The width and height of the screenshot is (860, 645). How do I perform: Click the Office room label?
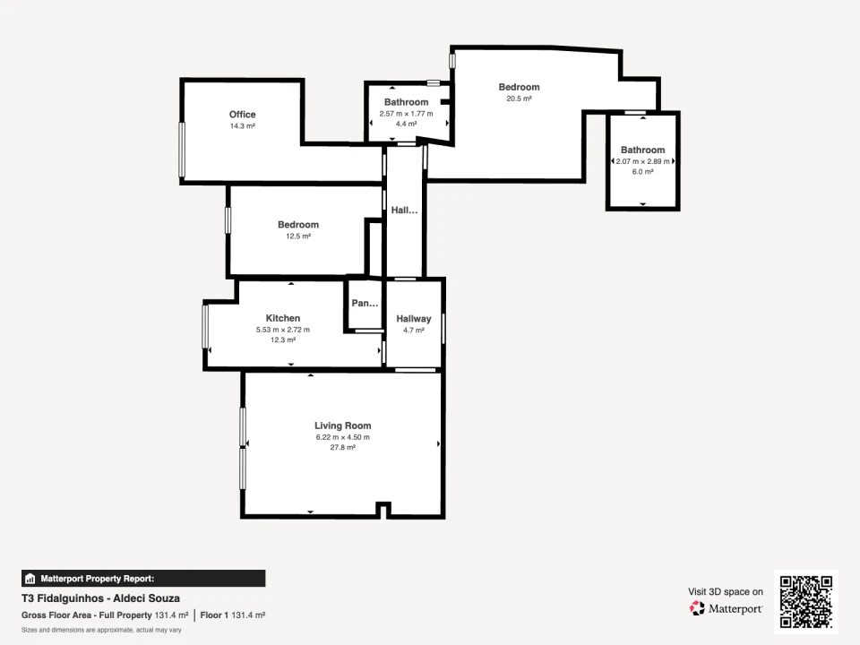point(242,115)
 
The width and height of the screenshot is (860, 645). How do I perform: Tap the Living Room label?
point(342,426)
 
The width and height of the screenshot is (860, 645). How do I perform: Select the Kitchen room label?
point(282,318)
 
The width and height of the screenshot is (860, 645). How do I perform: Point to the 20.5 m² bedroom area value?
point(519,99)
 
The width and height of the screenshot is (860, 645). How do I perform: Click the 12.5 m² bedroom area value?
point(297,236)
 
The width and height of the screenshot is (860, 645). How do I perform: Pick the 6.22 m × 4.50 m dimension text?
point(342,437)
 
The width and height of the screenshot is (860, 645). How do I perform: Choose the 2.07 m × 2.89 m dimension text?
point(642,161)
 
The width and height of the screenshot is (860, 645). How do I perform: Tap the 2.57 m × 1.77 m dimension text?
point(406,114)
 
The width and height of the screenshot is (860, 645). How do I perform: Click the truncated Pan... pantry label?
point(365,304)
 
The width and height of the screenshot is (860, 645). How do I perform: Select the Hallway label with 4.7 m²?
point(413,319)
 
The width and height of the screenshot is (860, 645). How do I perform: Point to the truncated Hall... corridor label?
point(404,211)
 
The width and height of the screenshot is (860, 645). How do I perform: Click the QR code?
point(805,601)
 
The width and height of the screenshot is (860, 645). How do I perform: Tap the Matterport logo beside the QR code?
point(726,608)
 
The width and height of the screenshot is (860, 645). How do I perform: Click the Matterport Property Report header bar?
point(143,579)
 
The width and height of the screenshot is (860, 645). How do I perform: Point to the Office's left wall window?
point(182,150)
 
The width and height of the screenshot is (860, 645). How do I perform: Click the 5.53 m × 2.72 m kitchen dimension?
point(282,330)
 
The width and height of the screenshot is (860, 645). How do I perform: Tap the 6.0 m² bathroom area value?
point(642,172)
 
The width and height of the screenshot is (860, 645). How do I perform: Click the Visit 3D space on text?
point(726,591)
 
